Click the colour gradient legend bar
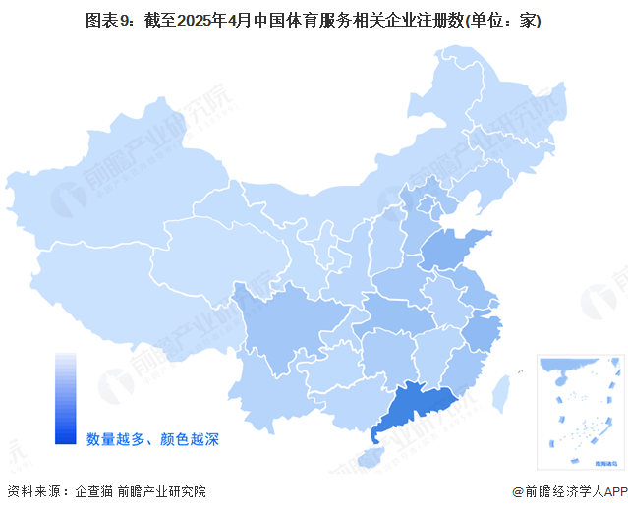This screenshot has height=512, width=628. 66,398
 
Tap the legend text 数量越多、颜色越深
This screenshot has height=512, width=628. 152,438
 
